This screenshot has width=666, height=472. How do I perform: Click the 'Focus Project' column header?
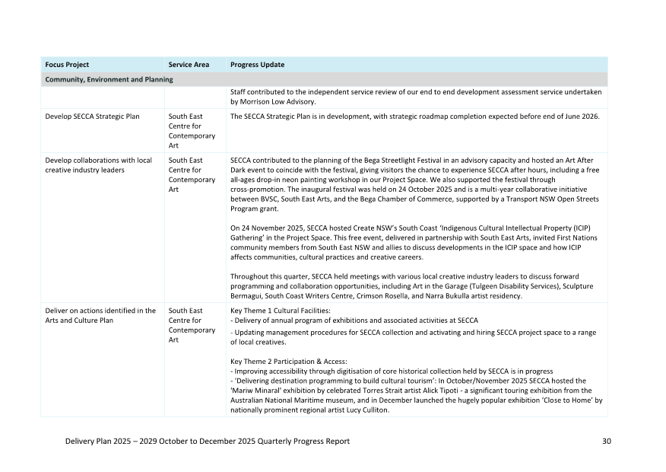point(67,65)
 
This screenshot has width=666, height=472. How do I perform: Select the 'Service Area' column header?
point(189,65)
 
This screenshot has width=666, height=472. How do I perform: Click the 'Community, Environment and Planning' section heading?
point(109,79)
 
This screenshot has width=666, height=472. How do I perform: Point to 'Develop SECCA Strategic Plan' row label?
point(93,116)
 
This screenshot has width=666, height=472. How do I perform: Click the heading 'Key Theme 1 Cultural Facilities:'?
point(280,311)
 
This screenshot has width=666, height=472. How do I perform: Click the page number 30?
point(606,441)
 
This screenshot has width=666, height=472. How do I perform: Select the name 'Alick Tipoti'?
point(438,391)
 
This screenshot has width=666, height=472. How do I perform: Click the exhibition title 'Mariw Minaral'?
point(255,391)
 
